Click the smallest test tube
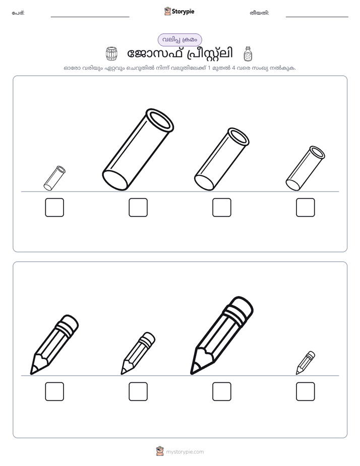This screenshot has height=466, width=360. (x=54, y=178)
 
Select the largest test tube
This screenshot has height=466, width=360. (x=138, y=149)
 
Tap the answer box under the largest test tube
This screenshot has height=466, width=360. (x=138, y=207)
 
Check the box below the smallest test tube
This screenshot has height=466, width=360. (x=54, y=207)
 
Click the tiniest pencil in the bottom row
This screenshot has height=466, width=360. (x=306, y=363)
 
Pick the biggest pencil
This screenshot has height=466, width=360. (x=221, y=335)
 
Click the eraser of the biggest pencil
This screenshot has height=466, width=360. (x=241, y=308)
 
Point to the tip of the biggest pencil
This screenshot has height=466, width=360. (x=192, y=373)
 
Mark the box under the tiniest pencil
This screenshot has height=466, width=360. (x=306, y=391)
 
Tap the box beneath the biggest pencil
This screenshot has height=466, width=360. (x=222, y=391)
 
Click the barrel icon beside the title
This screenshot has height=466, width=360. (x=111, y=54)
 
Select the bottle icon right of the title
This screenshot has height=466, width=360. (x=248, y=54)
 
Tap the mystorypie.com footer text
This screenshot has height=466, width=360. (x=185, y=452)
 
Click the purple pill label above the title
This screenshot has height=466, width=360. (x=179, y=40)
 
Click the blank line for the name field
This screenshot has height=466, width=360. (x=90, y=17)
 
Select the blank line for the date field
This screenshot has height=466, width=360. (x=317, y=17)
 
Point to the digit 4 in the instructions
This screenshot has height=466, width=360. (x=233, y=68)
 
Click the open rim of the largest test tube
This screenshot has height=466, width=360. (x=160, y=120)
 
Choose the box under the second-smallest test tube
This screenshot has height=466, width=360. (x=306, y=207)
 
